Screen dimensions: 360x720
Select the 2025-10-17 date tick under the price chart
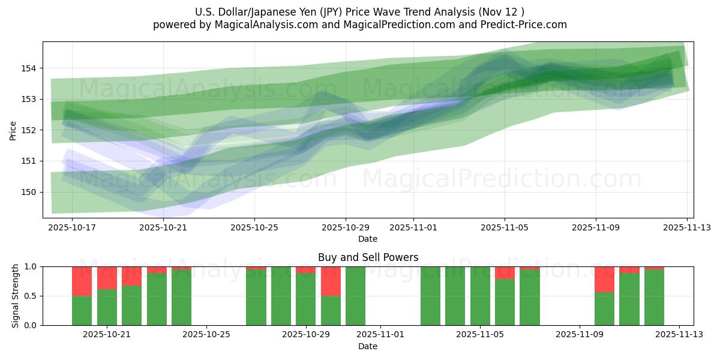72,227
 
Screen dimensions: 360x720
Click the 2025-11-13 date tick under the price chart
687,227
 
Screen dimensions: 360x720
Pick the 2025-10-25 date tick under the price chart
254,227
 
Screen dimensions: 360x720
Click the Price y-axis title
13,130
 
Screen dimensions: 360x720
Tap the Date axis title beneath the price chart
368,239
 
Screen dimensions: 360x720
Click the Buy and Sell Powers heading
368,257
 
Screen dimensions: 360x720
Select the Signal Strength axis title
16,296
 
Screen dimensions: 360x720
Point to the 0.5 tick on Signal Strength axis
31,296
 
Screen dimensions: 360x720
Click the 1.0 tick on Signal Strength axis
31,266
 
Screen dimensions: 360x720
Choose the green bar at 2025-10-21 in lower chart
107,307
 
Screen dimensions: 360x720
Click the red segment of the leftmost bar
82,281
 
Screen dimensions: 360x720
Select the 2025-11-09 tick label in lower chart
580,334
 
